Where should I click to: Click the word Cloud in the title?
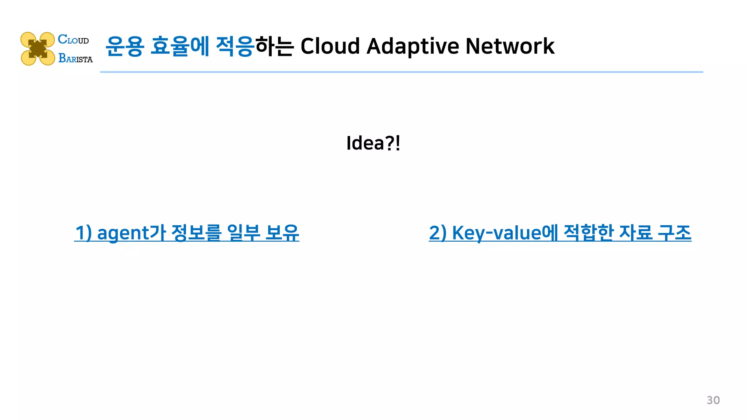click(x=330, y=46)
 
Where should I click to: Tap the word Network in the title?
click(x=510, y=46)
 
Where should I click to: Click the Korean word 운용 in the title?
click(x=125, y=46)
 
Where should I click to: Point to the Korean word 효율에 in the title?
click(x=180, y=46)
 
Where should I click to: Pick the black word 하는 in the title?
click(x=274, y=46)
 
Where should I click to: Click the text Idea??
click(x=373, y=143)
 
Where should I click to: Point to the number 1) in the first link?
click(x=84, y=233)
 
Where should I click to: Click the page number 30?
click(x=713, y=400)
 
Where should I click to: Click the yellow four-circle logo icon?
click(x=38, y=49)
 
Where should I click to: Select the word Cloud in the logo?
click(x=73, y=39)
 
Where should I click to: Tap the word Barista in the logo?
click(x=76, y=58)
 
